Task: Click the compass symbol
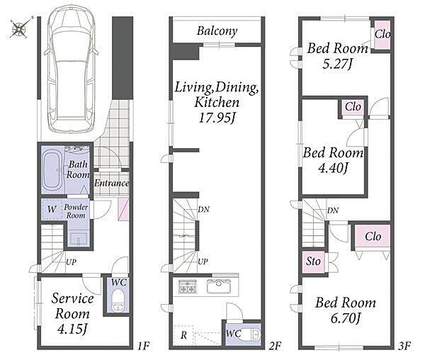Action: (20, 28)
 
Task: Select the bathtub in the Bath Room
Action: (53, 170)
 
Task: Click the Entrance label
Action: (111, 183)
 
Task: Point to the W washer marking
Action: (52, 209)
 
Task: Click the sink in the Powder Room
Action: (79, 239)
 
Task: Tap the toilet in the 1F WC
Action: (118, 300)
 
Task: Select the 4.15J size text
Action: (72, 330)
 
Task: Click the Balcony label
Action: (217, 31)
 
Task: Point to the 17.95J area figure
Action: (217, 118)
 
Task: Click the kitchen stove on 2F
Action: (188, 287)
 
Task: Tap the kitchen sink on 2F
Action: (219, 286)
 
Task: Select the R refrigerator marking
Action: (183, 335)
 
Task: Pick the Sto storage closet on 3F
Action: (314, 262)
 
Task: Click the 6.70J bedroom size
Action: (346, 317)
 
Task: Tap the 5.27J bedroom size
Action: (337, 64)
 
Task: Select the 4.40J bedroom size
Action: (333, 169)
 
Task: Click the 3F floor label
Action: (404, 346)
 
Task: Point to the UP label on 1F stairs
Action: (71, 262)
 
